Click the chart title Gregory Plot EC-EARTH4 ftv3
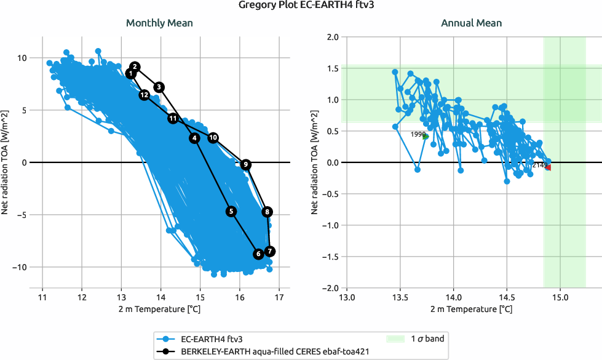(x=301, y=6)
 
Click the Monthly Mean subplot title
(x=159, y=23)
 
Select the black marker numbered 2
(x=135, y=67)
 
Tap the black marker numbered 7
(x=270, y=251)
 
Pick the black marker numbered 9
(x=245, y=164)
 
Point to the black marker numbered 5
(x=231, y=211)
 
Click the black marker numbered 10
(x=213, y=138)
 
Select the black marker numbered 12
(x=144, y=95)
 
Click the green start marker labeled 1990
(x=426, y=137)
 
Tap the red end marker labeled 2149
(x=547, y=167)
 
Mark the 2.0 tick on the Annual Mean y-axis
(x=333, y=37)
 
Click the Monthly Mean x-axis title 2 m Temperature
(x=159, y=308)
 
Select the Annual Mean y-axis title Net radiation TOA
(x=315, y=162)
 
